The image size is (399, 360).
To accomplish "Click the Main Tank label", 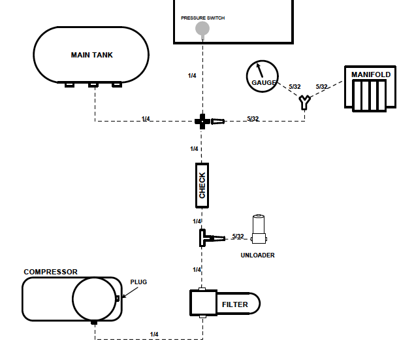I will tap(91, 55).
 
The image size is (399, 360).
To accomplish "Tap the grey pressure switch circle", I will tap(203, 28).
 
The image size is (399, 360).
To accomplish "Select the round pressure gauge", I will tap(263, 77).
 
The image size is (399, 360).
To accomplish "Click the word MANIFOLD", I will tap(371, 74).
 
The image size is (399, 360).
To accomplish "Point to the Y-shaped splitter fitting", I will tap(304, 102).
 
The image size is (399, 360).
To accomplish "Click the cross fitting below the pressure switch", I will tap(202, 120).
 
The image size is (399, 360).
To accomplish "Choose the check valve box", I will tap(202, 185).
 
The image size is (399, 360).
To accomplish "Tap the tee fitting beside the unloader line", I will tap(203, 237).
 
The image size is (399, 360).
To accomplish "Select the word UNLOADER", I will tap(257, 255).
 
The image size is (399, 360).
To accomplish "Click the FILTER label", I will tap(234, 304).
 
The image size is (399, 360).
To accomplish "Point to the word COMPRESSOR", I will tap(50, 272).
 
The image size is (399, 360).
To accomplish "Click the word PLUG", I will tap(138, 282).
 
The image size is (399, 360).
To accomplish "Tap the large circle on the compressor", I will tap(94, 299).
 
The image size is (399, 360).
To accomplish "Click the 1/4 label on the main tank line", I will tap(146, 119).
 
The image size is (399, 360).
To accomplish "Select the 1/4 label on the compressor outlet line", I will tap(154, 335).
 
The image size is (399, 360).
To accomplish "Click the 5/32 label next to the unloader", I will tap(238, 237).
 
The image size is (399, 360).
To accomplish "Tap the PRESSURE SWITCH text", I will tap(202, 18).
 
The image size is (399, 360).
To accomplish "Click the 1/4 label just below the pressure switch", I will tap(192, 76).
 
